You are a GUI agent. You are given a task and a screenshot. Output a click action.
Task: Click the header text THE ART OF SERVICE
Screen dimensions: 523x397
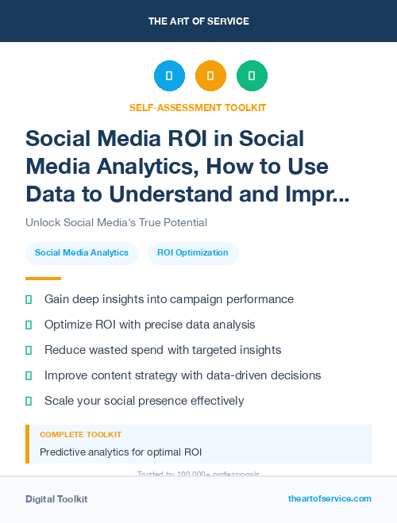coord(198,21)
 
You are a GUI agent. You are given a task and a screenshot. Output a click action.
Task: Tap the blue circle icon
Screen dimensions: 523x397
coord(169,76)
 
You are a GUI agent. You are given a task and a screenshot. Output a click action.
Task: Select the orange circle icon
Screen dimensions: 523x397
coord(210,76)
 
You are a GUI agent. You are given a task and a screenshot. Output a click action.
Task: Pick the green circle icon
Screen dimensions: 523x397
coord(252,76)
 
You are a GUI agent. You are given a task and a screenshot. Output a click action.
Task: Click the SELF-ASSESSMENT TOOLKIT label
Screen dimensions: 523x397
coord(198,107)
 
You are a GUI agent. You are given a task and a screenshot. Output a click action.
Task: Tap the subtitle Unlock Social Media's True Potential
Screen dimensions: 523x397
coord(116,223)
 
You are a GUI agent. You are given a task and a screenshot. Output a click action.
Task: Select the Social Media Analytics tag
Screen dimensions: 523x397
coord(82,253)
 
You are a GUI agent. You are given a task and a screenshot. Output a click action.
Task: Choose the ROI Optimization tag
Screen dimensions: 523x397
coord(193,253)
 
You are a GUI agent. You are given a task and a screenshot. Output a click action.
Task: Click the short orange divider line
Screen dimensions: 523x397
coord(43,279)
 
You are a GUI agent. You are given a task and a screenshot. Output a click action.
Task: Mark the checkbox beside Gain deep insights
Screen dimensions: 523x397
coord(29,299)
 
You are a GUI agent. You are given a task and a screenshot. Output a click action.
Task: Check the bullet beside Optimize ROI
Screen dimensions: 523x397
coord(29,325)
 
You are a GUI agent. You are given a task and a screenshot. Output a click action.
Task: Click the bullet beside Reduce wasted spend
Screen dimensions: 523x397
coord(29,350)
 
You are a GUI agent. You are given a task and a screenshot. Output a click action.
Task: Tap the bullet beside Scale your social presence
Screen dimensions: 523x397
coord(29,401)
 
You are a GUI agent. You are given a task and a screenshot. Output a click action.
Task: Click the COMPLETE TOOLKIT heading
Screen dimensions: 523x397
coord(81,435)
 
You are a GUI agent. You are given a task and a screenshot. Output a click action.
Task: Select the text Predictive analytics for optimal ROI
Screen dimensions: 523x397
coord(121,452)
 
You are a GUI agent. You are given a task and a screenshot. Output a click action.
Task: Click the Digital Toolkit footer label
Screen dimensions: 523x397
coord(56,499)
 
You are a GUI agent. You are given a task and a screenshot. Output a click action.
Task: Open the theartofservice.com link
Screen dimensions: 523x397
coord(330,498)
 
